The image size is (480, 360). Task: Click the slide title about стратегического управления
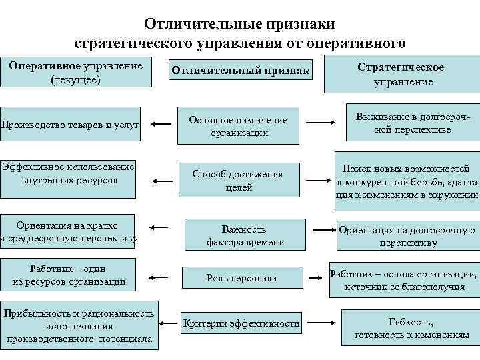coord(240,33)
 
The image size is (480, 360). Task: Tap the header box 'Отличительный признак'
coord(241,70)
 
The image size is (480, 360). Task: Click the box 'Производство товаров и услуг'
coord(70,124)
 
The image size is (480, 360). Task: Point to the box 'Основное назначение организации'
coord(238,126)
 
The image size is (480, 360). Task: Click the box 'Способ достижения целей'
coord(238,181)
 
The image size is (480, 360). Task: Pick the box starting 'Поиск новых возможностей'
coord(407,182)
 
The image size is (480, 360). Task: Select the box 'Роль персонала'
coord(241,278)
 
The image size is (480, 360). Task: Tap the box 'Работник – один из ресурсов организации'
coord(69,275)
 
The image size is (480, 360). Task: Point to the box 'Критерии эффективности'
coord(241,324)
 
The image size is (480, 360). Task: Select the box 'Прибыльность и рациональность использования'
coord(79,327)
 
